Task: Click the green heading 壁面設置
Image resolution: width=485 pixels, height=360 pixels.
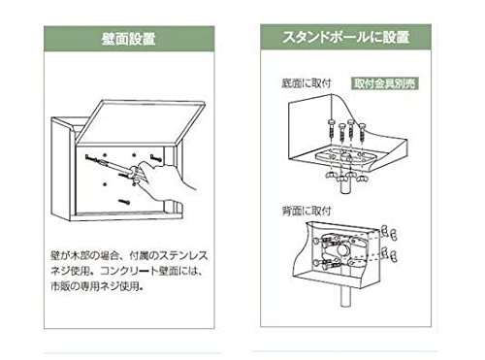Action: coord(129,39)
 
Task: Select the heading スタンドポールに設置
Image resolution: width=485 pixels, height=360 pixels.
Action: coord(345,37)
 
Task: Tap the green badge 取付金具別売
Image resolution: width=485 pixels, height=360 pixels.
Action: coord(384,83)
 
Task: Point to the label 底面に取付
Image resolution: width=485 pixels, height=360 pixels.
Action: coord(307,83)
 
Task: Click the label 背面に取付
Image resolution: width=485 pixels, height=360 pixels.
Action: coord(307,211)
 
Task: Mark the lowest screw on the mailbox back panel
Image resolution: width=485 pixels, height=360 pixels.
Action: coord(124,202)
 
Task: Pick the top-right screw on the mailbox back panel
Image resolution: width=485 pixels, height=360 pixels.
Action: coord(156,158)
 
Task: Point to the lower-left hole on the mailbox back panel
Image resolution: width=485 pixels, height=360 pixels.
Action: coord(105,184)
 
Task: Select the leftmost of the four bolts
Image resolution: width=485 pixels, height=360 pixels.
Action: coord(331,130)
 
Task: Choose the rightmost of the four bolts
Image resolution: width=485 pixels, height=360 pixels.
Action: coord(362,133)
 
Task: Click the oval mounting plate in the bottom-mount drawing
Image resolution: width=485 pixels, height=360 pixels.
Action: coord(345,158)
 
